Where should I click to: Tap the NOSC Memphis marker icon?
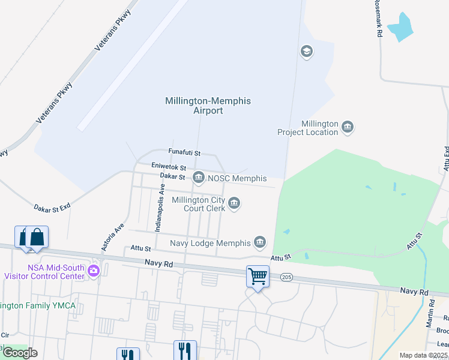coord(199,178)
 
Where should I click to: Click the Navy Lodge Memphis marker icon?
coord(260,242)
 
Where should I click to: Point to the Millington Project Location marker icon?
coord(348,127)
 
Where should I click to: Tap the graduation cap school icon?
coord(307,52)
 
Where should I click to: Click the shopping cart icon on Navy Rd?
coord(258,277)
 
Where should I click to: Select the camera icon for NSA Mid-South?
coord(93,271)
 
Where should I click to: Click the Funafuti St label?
coord(184,154)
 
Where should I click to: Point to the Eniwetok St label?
coord(169,167)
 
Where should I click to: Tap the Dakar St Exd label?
coord(52,206)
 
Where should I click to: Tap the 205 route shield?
coord(286,277)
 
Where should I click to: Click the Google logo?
coord(20,353)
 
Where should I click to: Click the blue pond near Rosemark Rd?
coord(400,27)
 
